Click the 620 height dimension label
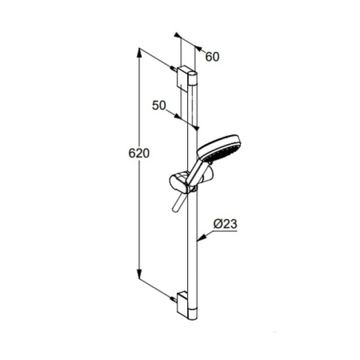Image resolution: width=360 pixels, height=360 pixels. coord(139,154)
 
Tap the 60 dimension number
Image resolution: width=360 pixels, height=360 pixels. coord(212,57)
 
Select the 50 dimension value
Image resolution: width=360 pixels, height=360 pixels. coord(159,106)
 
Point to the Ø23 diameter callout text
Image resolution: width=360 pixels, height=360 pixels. coord(226,224)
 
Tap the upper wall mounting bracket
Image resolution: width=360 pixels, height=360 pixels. coord(183,78)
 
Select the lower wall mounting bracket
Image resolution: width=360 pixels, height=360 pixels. coord(183,305)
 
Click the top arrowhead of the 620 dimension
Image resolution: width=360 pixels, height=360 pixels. coord(139,53)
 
